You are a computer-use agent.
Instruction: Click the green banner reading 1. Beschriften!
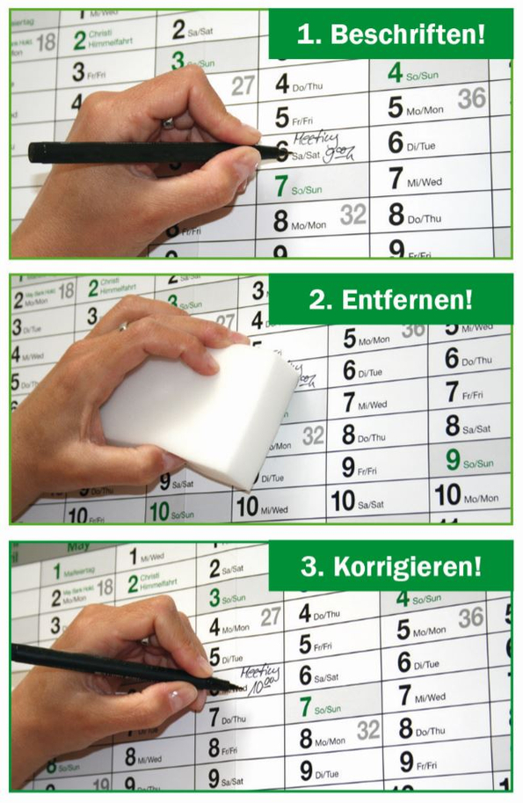click(390, 34)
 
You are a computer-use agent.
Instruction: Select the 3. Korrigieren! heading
click(390, 566)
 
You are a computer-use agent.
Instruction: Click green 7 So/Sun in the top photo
click(299, 186)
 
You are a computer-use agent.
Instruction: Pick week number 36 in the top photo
click(471, 99)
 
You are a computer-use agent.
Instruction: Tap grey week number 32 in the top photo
click(352, 214)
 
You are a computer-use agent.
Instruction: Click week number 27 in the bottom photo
click(270, 616)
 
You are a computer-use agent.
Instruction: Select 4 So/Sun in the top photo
click(412, 74)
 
